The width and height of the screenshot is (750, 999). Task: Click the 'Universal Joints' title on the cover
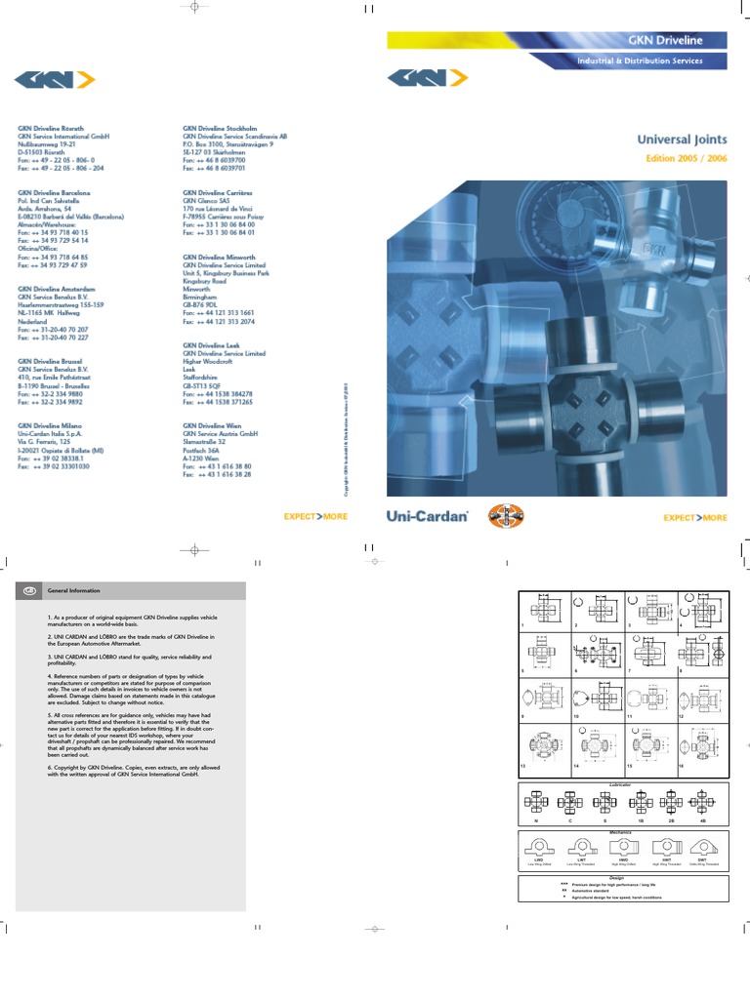tap(682, 140)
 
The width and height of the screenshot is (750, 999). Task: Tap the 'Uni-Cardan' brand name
tap(428, 516)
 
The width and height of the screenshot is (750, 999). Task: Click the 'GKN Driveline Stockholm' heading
tap(220, 128)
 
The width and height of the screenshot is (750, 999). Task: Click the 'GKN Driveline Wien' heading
tap(211, 425)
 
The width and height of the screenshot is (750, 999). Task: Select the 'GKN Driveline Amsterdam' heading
tap(57, 290)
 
